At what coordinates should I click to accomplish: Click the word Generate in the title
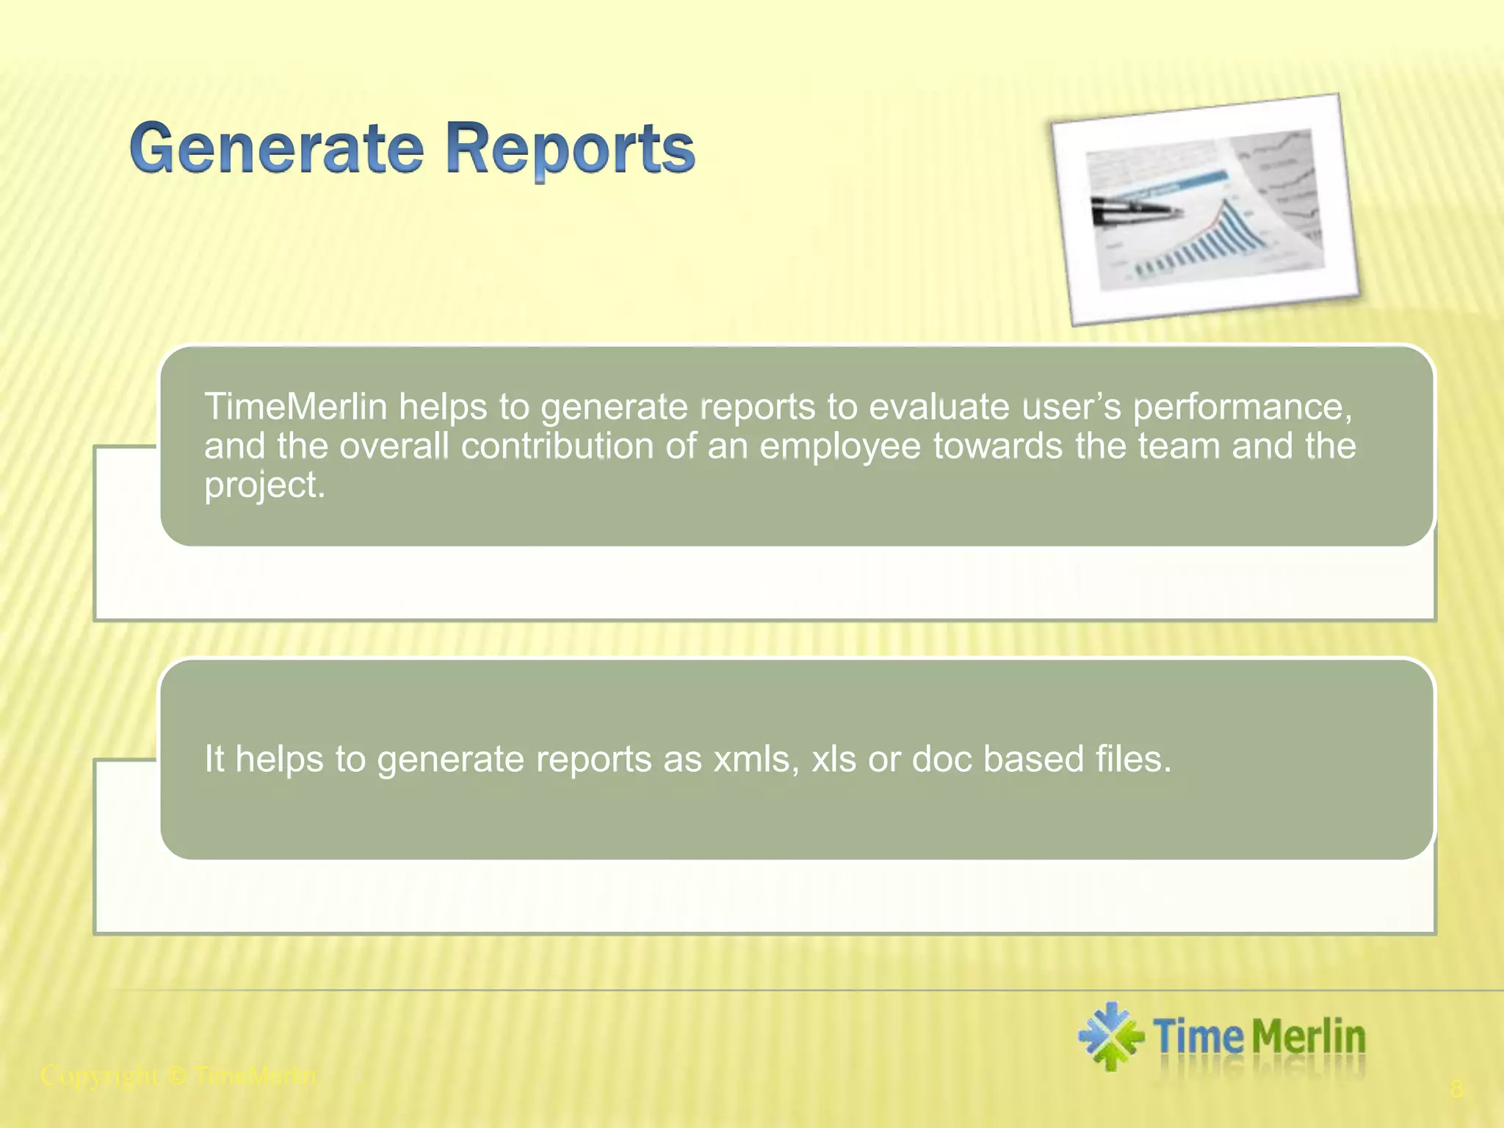click(278, 149)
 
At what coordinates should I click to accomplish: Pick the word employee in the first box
click(839, 446)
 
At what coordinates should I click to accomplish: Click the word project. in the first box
click(264, 485)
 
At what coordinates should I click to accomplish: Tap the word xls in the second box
click(834, 759)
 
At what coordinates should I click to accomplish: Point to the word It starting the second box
click(214, 759)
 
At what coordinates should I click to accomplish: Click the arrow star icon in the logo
click(1110, 1036)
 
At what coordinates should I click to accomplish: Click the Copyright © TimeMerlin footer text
click(178, 1077)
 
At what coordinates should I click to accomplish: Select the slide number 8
click(1456, 1089)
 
